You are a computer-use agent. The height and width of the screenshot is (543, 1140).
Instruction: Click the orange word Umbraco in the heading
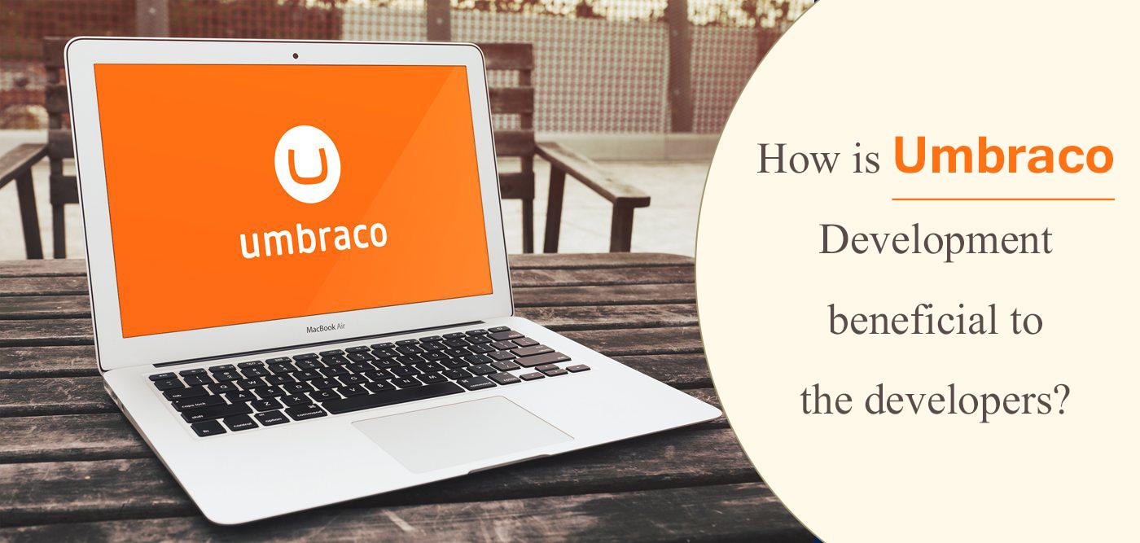tap(1003, 156)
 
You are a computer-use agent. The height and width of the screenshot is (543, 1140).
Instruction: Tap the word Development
tap(936, 241)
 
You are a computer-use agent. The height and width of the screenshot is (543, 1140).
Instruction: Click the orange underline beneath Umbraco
tap(1003, 199)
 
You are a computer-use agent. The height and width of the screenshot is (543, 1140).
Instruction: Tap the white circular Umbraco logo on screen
tap(307, 164)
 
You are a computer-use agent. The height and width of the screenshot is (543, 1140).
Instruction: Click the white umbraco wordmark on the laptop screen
tap(313, 238)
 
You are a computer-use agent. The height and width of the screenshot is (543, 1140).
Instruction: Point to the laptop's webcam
tap(295, 56)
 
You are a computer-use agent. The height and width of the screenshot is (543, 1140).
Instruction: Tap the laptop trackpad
tap(462, 431)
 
